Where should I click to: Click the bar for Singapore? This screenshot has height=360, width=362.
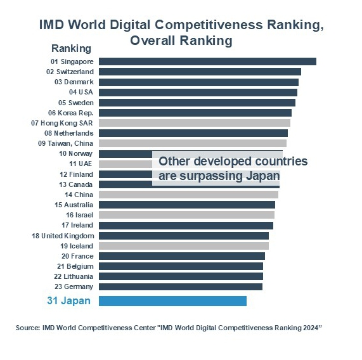coord(207,61)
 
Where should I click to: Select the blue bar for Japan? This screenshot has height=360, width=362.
coord(172,301)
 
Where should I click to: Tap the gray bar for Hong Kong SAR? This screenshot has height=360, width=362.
coord(195,123)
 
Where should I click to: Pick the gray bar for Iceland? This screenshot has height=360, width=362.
coord(184,246)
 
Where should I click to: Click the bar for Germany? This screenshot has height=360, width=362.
coord(181,286)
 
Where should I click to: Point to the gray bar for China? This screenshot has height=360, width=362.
coord(189,195)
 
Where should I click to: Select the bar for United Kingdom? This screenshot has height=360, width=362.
coord(184,236)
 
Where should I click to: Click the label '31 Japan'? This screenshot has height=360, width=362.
coord(69,301)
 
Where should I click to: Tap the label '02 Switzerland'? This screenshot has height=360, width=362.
coord(70,72)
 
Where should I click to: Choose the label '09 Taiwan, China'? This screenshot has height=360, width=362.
coord(65,143)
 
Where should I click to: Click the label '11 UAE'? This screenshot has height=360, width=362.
coord(81,164)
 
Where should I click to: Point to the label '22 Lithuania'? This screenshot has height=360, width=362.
coord(74,276)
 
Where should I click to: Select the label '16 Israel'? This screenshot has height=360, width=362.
coord(80,215)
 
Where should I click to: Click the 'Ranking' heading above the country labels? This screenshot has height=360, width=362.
coord(72,48)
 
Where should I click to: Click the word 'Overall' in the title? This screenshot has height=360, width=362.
coord(153,41)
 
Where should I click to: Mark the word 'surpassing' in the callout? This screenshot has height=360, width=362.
coord(211,177)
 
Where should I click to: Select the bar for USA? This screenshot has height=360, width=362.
coord(198,93)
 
